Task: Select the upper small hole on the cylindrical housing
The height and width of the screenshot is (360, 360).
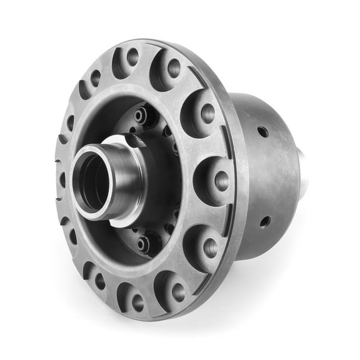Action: coord(262,131)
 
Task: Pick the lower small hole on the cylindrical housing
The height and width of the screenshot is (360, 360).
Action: coord(265,221)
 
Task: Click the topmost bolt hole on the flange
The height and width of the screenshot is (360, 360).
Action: coord(132,57)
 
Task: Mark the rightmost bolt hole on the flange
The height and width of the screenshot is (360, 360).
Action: coord(221,181)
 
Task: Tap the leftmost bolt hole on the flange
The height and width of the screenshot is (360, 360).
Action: coord(62,180)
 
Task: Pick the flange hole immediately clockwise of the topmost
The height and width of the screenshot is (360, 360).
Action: coord(174,67)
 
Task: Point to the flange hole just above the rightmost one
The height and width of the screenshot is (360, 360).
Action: coord(207,113)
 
